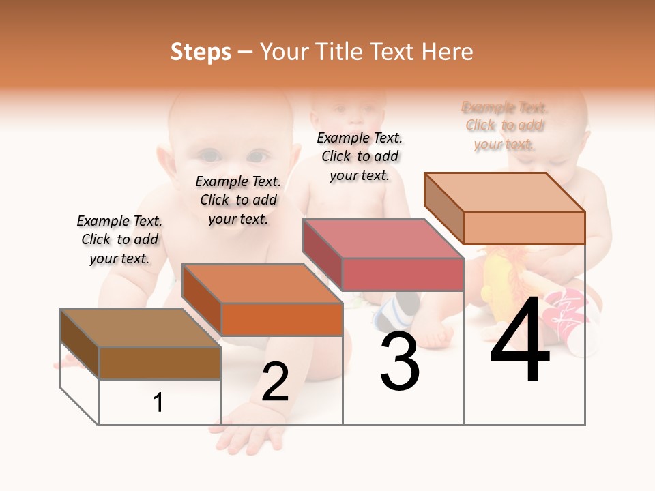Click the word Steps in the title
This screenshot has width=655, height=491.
201,53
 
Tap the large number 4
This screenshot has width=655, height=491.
520,341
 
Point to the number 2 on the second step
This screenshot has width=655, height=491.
275,382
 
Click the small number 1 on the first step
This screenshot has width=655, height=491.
158,403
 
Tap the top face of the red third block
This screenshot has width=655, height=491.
383,239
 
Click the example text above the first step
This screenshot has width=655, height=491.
119,239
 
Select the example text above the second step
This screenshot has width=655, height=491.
238,200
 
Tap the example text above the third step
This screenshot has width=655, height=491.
360,156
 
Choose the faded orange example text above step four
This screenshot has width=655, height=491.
505,125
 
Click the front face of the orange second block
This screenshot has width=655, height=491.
282,319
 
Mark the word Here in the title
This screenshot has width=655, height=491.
447,53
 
